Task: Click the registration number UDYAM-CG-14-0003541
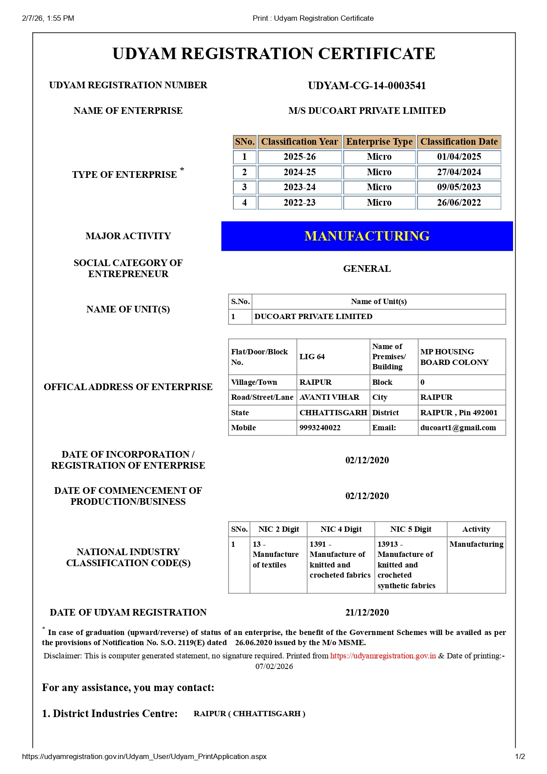[367, 86]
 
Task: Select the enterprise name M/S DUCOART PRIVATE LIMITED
[367, 111]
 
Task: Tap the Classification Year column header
[300, 142]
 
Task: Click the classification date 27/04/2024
[459, 172]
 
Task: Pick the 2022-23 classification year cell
[300, 203]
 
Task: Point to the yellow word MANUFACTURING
[367, 236]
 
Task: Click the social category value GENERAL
[367, 269]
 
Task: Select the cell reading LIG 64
[312, 357]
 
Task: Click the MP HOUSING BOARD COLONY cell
[454, 357]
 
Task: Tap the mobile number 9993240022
[320, 428]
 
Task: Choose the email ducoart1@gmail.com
[458, 428]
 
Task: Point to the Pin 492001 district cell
[459, 413]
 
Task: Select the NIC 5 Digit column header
[411, 529]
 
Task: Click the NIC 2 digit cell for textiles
[275, 555]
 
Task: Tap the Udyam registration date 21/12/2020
[367, 612]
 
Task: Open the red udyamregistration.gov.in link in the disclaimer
[383, 656]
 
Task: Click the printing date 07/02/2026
[274, 666]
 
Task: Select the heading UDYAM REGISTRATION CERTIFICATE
[273, 54]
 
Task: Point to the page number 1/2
[520, 756]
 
